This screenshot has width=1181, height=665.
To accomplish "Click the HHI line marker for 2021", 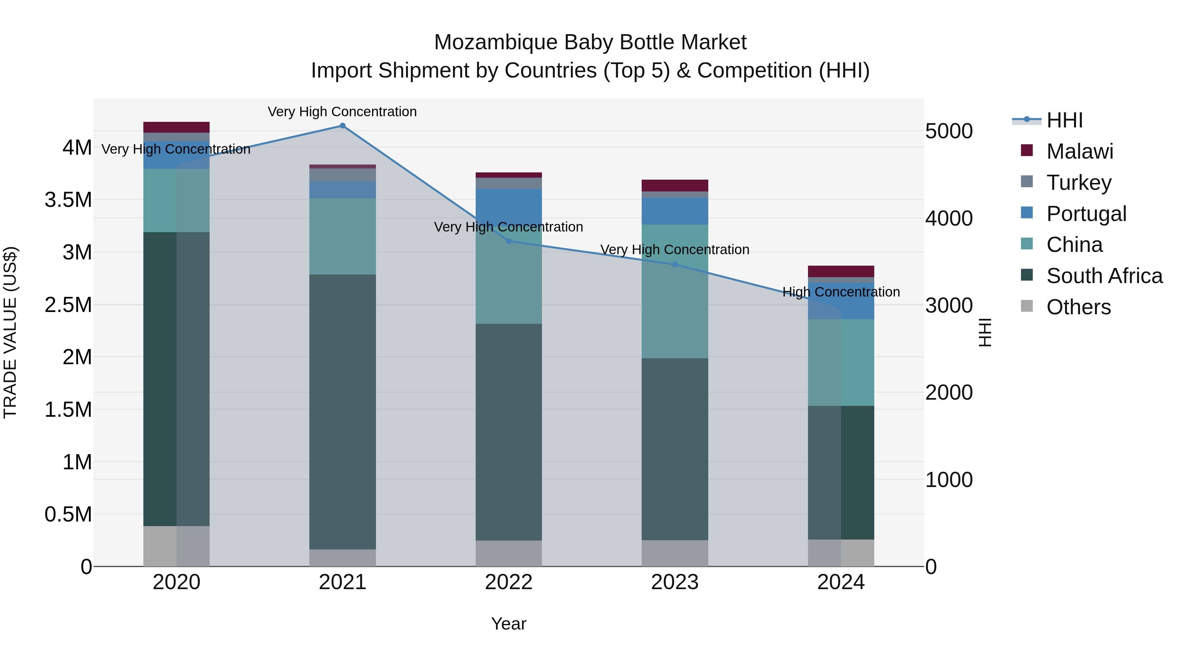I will point(342,126).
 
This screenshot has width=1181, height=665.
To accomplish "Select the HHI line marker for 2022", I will point(508,241).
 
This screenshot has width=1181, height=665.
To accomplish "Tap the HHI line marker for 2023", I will point(674,265).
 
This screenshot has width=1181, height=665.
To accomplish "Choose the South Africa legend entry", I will point(1104,276).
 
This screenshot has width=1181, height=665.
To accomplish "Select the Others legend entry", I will point(1078,307).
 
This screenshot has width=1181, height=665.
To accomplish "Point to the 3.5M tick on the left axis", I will point(68,200).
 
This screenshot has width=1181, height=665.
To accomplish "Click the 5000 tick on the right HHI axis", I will point(948,131).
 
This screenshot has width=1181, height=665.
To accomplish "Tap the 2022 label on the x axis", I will point(508,582).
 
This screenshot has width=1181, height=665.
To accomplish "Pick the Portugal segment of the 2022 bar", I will point(508,207).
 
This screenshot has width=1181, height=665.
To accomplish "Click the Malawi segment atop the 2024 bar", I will point(841,271).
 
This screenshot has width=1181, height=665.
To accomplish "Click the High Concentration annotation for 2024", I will point(841,292).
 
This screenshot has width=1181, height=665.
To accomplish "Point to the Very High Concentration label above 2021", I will point(342,112).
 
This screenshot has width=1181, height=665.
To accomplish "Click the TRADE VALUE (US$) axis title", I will point(10,332).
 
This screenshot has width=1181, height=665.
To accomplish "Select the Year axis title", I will point(508,624).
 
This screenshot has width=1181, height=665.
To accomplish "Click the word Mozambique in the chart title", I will point(496,42).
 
